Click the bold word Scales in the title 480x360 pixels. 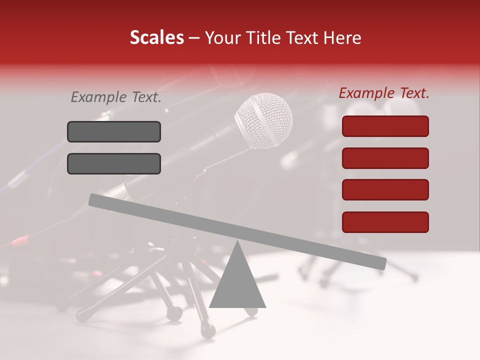pos(157,37)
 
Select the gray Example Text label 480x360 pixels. pos(116,97)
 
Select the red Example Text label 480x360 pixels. pos(384,93)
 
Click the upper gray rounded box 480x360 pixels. pos(114,131)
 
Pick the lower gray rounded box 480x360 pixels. pos(114,163)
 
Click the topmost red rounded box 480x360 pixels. pos(385,126)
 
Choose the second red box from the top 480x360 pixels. pos(385,158)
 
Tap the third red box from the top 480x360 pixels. pos(385,190)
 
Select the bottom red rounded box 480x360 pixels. pos(385,222)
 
